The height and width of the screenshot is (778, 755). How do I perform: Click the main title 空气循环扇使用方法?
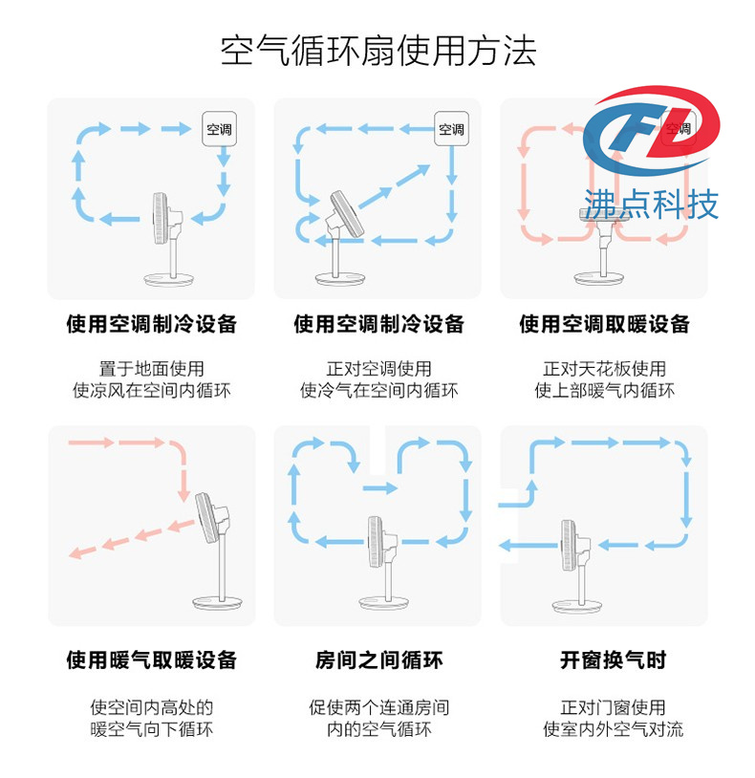click(378, 51)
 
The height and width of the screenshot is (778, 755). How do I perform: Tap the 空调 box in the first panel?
click(219, 129)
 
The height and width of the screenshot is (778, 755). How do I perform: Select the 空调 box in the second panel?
click(451, 129)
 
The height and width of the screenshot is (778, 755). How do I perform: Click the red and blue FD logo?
click(652, 131)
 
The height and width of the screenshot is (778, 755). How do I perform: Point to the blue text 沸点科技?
click(651, 204)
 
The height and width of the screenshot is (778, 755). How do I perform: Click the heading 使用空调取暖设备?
click(604, 324)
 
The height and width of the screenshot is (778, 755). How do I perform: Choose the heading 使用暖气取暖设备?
click(151, 659)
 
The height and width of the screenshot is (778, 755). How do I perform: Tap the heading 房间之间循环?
click(378, 659)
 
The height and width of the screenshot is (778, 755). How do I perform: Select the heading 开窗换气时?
click(613, 659)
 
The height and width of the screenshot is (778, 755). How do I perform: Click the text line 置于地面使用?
click(151, 369)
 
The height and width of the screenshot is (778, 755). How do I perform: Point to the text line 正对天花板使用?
click(604, 369)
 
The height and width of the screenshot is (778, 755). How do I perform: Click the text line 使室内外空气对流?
click(614, 729)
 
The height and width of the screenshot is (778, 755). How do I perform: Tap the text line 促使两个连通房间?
click(378, 707)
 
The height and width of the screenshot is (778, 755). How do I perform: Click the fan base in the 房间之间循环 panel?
click(384, 602)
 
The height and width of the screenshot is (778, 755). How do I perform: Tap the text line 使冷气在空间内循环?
click(378, 391)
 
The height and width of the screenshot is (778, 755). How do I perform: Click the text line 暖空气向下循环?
click(151, 729)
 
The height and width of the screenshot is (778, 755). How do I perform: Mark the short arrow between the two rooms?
click(380, 488)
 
